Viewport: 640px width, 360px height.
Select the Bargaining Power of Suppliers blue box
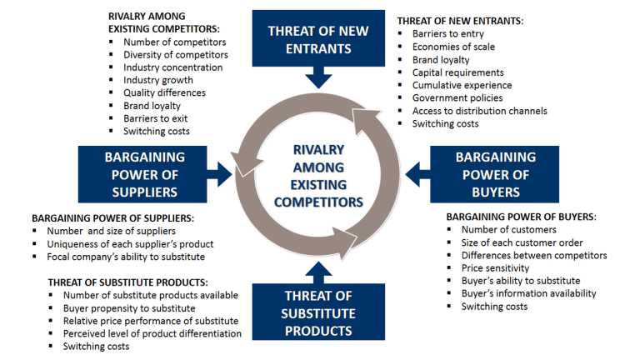145,173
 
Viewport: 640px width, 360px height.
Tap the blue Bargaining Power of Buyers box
495,173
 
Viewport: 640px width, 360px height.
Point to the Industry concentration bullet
172,67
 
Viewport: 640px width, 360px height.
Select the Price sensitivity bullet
495,268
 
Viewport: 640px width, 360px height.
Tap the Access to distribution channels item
479,111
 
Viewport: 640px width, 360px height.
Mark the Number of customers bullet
508,230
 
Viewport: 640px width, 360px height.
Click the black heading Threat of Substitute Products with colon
127,282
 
